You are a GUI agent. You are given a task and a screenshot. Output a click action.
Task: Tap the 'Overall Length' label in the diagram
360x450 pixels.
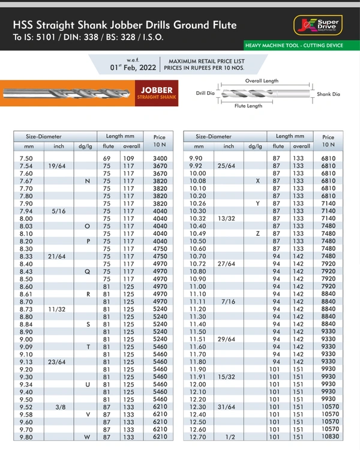click(x=262, y=80)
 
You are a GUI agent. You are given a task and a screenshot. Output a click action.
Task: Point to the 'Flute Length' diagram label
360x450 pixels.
click(x=248, y=106)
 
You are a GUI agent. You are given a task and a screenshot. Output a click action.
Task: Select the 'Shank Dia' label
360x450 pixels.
click(x=328, y=94)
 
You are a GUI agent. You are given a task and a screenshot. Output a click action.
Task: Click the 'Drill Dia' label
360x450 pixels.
click(x=205, y=93)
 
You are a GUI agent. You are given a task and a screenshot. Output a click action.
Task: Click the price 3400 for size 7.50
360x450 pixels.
click(x=160, y=158)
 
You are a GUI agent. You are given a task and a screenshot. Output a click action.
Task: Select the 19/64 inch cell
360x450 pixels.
click(x=58, y=166)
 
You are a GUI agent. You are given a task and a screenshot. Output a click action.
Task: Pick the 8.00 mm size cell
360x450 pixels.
click(x=26, y=218)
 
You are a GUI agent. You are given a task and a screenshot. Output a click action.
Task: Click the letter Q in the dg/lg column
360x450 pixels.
click(x=87, y=271)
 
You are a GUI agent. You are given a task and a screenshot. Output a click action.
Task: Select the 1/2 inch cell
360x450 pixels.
click(x=229, y=437)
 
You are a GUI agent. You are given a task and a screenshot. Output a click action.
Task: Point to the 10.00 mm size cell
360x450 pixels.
click(x=197, y=173)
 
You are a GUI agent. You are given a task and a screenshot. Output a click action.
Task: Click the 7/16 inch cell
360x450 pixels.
click(x=229, y=301)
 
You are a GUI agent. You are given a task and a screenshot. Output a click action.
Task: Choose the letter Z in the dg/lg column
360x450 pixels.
click(x=257, y=233)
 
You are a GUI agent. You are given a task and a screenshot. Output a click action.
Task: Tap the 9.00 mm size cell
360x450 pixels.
click(x=26, y=339)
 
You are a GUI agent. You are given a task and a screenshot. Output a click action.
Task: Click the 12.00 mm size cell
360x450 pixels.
click(x=197, y=384)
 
